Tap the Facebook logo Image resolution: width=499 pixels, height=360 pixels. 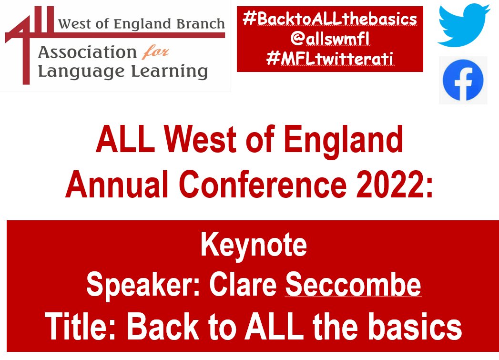click(463, 80)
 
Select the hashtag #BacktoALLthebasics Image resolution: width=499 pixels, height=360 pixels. click(330, 19)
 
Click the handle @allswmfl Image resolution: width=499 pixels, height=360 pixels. click(330, 40)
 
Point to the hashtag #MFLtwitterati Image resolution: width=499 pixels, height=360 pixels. click(330, 60)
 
